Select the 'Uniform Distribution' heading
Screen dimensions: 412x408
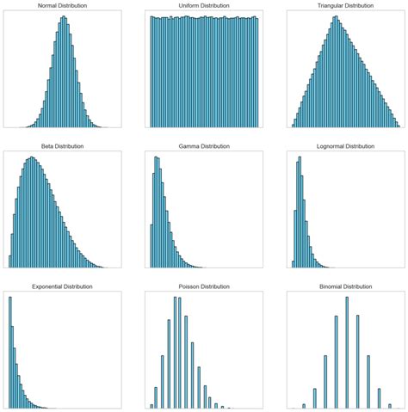coord(204,6)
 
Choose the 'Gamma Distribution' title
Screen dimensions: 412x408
coord(204,146)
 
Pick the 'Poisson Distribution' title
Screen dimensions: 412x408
coord(204,286)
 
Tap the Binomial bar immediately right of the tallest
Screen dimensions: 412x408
coord(356,370)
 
